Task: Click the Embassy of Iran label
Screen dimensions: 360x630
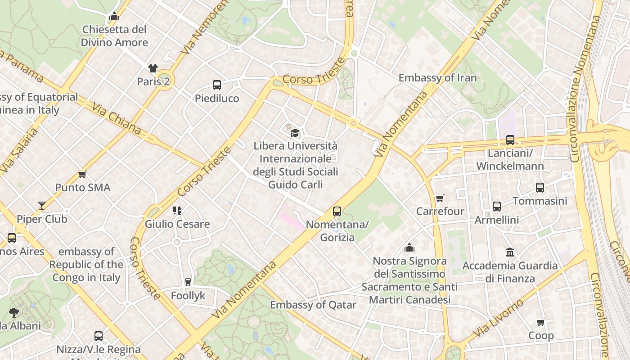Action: click(x=437, y=78)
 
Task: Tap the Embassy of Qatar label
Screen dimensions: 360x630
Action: click(x=313, y=305)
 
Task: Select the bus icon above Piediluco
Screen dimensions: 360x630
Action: click(x=217, y=85)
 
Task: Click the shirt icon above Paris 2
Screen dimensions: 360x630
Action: click(x=153, y=68)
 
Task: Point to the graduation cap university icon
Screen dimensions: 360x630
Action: click(x=295, y=133)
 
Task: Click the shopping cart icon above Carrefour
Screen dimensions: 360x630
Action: click(x=440, y=198)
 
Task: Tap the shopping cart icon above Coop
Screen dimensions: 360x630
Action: click(x=541, y=323)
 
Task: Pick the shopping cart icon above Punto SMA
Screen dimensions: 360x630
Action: click(x=82, y=174)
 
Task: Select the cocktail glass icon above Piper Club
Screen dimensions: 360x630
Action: click(x=42, y=206)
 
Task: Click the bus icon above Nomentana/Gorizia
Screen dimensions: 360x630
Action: click(x=337, y=211)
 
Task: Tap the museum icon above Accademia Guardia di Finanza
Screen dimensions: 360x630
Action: click(x=510, y=252)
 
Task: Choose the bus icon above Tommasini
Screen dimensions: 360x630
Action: click(x=540, y=188)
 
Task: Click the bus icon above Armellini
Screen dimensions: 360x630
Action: click(x=497, y=207)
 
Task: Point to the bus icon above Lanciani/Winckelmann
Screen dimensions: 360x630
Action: click(x=510, y=140)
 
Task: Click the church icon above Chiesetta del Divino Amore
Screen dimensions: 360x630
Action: click(x=114, y=17)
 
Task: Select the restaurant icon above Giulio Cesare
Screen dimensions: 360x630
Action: click(x=177, y=210)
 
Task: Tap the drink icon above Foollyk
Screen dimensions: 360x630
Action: click(x=188, y=282)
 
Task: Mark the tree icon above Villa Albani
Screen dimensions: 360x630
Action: click(x=14, y=312)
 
